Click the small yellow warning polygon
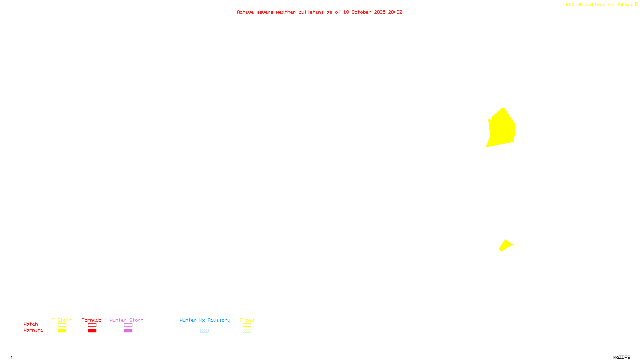coord(506,245)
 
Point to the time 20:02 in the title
coord(395,12)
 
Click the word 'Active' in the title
coord(245,12)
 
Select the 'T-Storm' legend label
coord(62,320)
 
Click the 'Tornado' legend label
coord(92,320)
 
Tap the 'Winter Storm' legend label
coord(126,320)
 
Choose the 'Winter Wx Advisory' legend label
coord(205,320)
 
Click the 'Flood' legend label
coord(247,320)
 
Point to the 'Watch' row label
coord(31,324)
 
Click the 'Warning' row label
coord(34,330)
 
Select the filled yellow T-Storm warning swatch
coord(62,331)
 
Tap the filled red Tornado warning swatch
coord(92,331)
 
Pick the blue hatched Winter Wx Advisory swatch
coord(204,331)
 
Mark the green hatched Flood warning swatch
coord(247,331)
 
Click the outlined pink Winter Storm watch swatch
coord(128,325)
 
